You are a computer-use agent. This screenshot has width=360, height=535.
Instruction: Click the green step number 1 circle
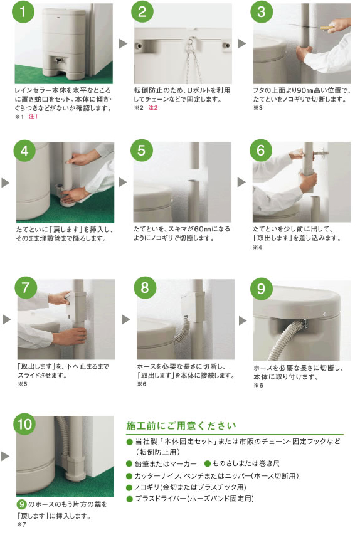[23, 12]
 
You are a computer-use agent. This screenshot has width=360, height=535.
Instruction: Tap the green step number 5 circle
[141, 150]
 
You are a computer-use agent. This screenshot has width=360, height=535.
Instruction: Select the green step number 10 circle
[24, 424]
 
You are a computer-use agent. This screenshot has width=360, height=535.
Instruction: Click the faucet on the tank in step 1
[59, 61]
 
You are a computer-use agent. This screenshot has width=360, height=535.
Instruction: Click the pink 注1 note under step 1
[33, 117]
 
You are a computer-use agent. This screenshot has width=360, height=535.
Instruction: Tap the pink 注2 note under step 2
[153, 108]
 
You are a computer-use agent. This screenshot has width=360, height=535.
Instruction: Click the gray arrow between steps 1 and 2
[123, 43]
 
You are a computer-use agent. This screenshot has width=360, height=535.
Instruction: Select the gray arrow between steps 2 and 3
[241, 43]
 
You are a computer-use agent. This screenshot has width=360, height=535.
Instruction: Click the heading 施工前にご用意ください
[181, 426]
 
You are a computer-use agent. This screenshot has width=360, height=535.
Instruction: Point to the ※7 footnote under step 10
[21, 524]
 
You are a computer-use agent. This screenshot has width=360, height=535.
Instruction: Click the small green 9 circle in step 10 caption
[21, 504]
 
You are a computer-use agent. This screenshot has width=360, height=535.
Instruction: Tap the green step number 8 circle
[144, 288]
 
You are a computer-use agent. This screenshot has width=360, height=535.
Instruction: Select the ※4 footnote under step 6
[257, 247]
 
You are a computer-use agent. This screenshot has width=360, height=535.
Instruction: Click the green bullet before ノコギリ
[129, 487]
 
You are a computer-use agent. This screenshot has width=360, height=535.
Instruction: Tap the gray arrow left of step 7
[6, 319]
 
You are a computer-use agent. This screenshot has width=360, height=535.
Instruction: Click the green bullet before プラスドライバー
[129, 499]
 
